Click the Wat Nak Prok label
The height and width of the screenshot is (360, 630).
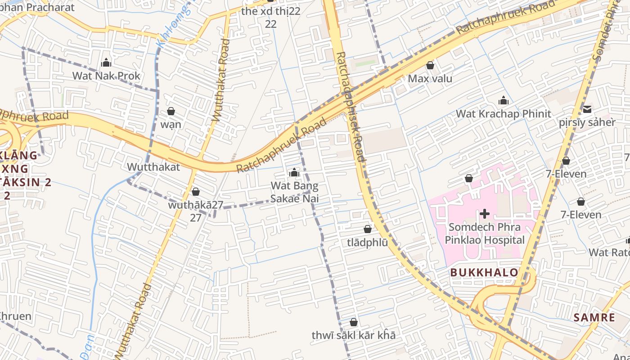[x=107, y=76]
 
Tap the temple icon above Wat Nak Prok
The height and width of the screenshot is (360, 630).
[x=107, y=63]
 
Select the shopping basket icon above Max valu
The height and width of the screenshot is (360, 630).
[x=430, y=66]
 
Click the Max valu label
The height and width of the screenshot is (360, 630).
[x=430, y=79]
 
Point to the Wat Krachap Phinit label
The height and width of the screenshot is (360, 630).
[x=504, y=113]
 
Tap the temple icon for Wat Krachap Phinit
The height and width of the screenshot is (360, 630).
[x=504, y=100]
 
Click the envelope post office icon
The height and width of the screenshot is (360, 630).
[x=587, y=109]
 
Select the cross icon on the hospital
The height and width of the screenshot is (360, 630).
[x=485, y=213]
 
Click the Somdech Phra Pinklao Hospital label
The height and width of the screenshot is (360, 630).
[x=485, y=233]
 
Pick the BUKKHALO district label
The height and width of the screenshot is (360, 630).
[x=484, y=272]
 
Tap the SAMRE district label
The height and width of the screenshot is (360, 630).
[x=594, y=317]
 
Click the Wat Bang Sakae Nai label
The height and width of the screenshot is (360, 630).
[x=294, y=192]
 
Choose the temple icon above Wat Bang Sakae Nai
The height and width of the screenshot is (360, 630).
[x=294, y=172]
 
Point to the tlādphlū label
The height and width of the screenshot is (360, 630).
[x=367, y=242]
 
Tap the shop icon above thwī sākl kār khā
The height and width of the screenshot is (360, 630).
[x=354, y=322]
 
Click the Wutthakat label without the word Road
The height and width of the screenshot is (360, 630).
[x=153, y=167]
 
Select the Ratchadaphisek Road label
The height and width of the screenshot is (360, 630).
[x=351, y=106]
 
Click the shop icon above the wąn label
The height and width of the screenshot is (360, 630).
[x=171, y=111]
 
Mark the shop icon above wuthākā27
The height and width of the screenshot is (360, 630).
[x=196, y=192]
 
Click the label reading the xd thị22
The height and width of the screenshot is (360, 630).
[x=270, y=11]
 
